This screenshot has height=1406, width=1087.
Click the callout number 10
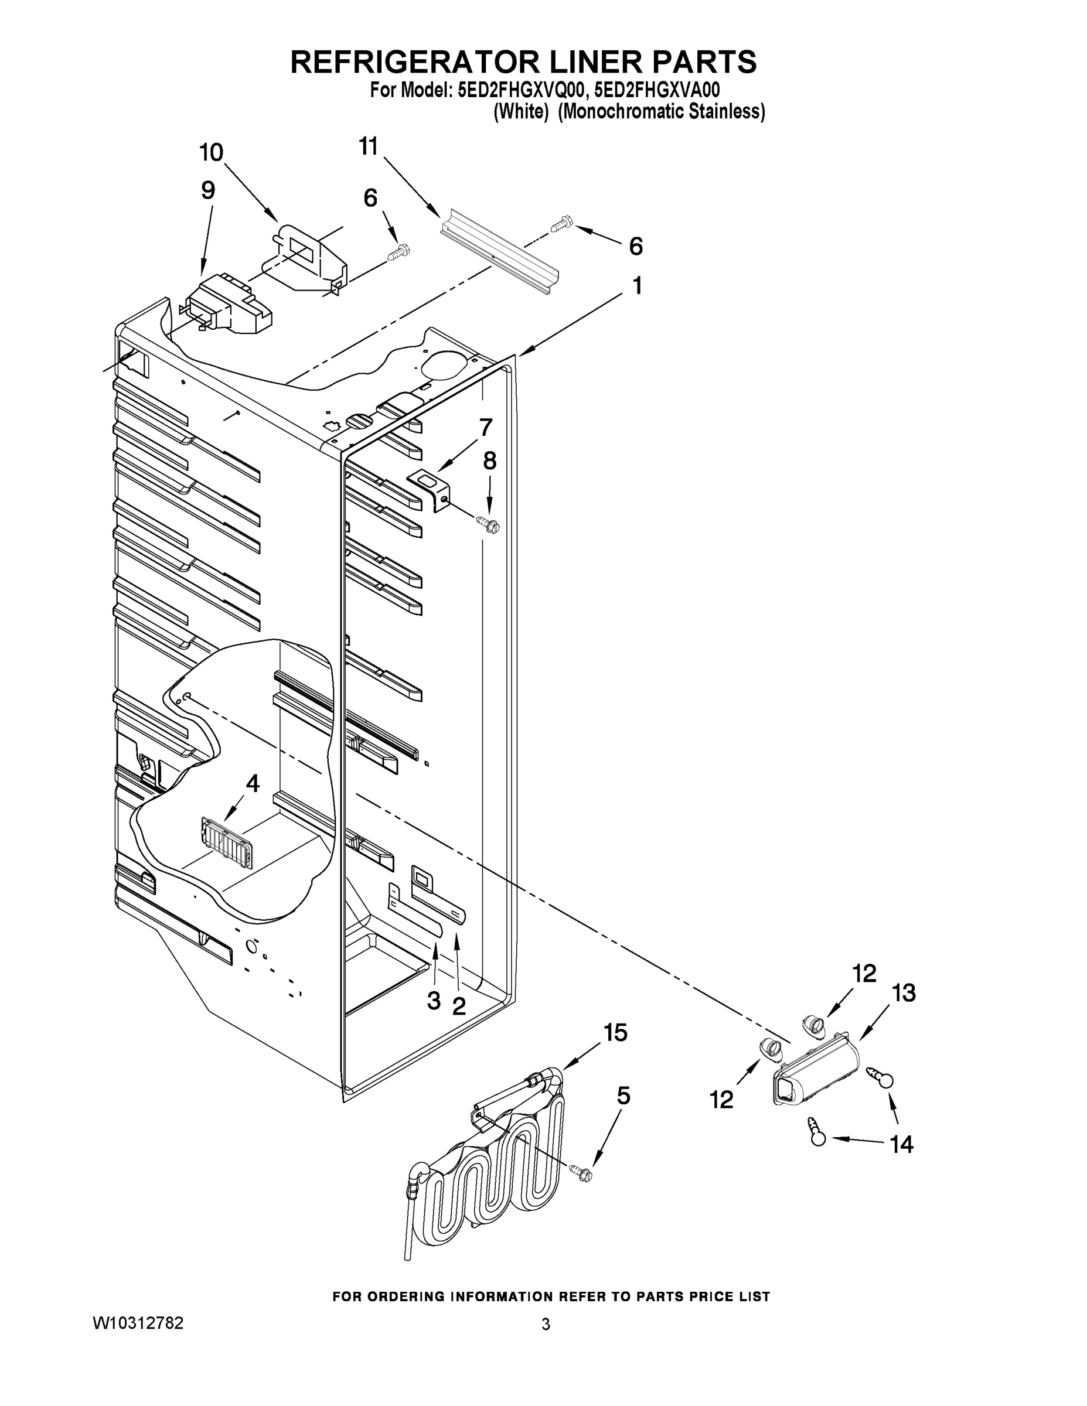[210, 152]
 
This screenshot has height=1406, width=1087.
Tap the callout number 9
[207, 190]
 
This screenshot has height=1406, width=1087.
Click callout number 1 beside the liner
[637, 285]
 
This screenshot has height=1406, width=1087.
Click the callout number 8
[489, 460]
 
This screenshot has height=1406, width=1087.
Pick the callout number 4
[253, 783]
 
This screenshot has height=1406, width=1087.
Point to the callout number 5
[623, 1096]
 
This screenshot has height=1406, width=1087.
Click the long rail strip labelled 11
[499, 252]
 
